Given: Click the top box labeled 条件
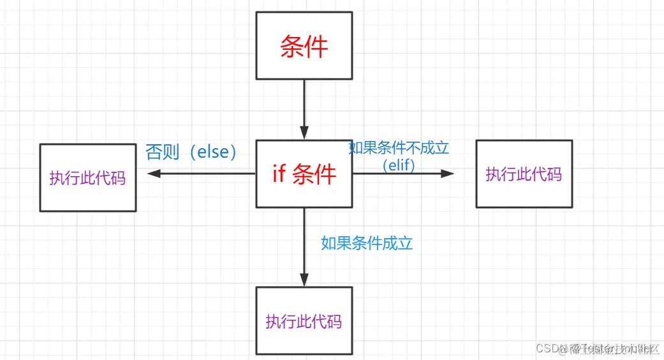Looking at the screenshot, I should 304,46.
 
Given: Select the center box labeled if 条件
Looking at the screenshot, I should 304,174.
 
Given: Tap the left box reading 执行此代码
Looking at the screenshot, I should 87,177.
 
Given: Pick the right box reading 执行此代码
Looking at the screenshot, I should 524,174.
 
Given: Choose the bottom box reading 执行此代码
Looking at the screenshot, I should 304,320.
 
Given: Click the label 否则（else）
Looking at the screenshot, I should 191,152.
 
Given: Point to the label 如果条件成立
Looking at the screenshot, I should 367,243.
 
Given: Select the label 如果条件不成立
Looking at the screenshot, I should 399,148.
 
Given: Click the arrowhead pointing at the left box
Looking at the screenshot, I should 154,174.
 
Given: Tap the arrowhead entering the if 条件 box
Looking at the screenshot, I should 304,133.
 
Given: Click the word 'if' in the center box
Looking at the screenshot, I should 279,174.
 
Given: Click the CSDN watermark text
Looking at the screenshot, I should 547,349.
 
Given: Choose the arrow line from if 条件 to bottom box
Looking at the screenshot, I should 304,243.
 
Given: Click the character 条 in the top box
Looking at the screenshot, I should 292,47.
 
